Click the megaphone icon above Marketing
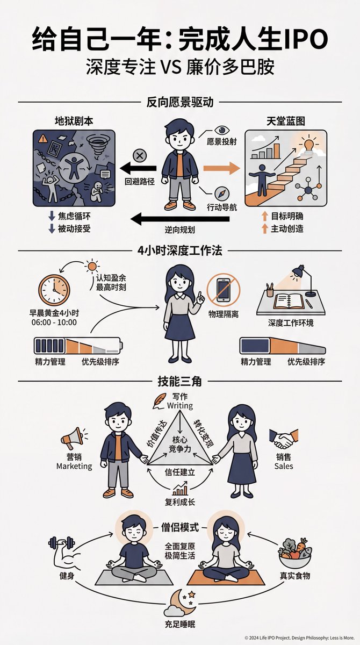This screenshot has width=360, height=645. click(x=72, y=438)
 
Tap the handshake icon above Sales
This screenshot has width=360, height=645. click(x=284, y=439)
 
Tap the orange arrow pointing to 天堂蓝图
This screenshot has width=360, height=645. click(x=228, y=168)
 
